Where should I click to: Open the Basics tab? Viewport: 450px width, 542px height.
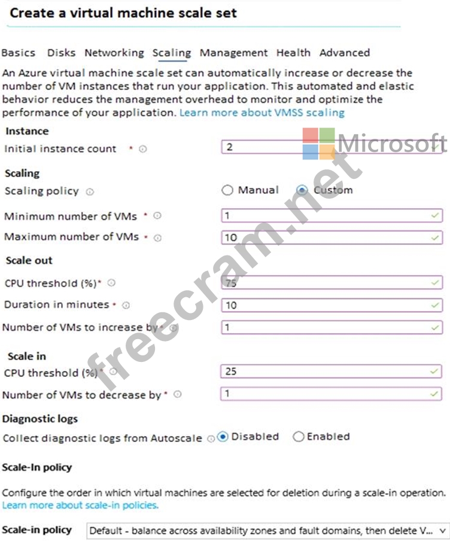coord(18,53)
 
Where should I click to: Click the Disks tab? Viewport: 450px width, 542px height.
coord(61,53)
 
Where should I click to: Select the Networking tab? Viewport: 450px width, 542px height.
coord(114,53)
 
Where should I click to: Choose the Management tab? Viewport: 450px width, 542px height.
coord(233,53)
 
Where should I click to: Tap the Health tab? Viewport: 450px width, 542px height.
coord(293,53)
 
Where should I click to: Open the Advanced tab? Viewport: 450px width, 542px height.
coord(344,53)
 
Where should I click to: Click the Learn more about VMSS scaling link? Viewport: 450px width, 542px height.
coord(262,112)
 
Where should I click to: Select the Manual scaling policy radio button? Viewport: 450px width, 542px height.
coord(227,190)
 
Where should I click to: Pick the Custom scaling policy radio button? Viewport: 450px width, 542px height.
coord(302,190)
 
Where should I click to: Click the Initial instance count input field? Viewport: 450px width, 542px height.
coord(331,147)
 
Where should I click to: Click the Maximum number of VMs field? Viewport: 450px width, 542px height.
coord(331,237)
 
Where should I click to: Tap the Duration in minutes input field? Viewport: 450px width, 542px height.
coord(331,305)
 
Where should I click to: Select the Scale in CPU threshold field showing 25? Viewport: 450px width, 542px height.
coord(331,372)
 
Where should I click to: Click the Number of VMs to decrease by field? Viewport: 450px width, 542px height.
coord(331,394)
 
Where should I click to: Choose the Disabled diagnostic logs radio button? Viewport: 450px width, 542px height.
coord(223,437)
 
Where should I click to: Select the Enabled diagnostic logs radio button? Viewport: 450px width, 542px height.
coord(298,437)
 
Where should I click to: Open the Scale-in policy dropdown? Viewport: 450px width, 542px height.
coord(267,530)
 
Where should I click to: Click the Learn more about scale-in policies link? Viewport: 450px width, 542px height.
coord(80,506)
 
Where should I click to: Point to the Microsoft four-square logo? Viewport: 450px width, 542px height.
coord(318,144)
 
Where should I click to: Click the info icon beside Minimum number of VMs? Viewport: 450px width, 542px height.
coord(157,216)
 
